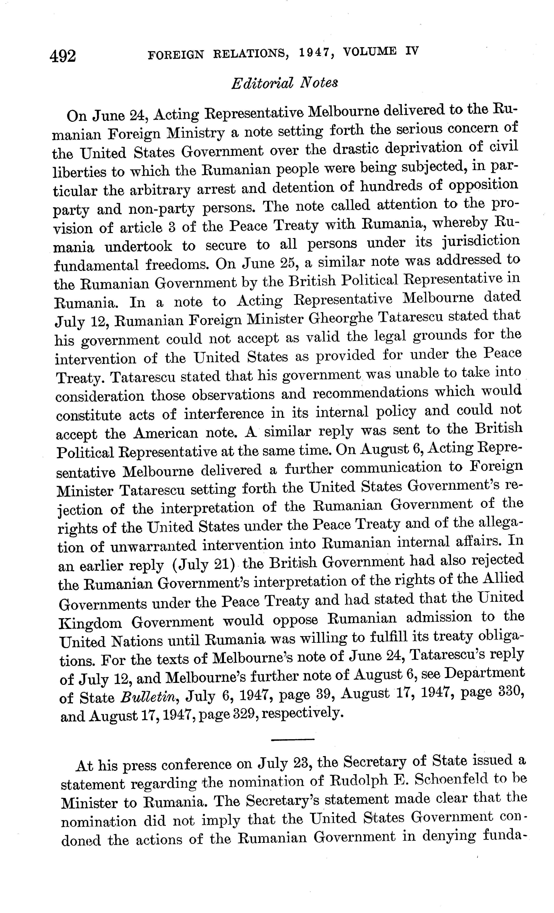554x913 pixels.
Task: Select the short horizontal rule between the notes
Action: [292, 740]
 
